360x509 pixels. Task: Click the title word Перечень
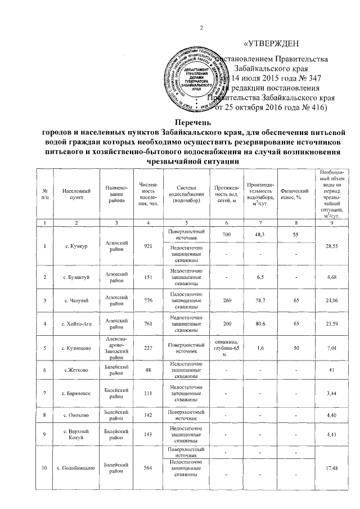pos(192,121)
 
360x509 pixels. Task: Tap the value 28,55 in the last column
pos(336,245)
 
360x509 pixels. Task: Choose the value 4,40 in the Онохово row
pos(336,416)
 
